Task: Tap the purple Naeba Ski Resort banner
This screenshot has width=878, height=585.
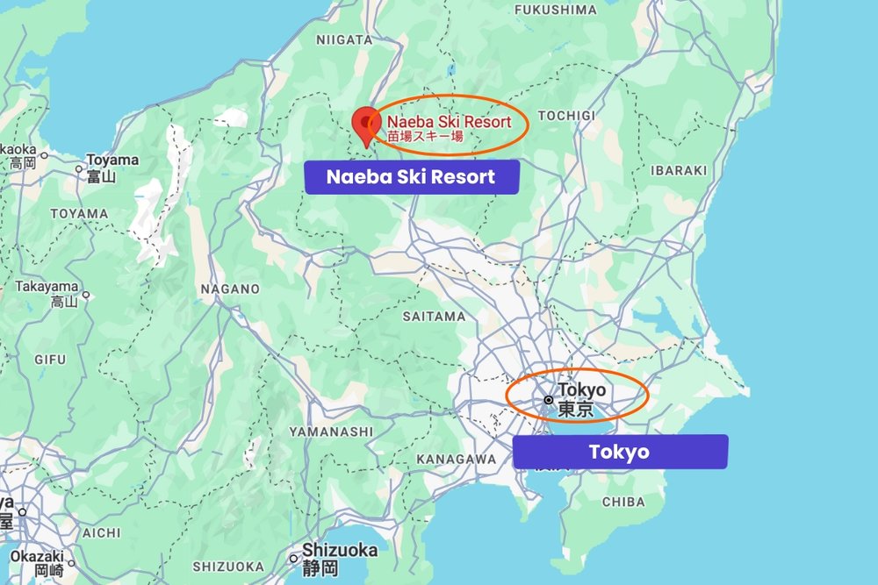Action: coord(411,177)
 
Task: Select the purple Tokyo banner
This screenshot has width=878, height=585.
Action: coord(620,452)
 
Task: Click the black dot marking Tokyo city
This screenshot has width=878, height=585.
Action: coord(548,399)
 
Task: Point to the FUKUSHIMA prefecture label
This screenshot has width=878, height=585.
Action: coord(555,10)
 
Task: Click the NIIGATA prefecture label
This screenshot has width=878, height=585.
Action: coord(344,39)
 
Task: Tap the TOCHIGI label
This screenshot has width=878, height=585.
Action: coord(565,116)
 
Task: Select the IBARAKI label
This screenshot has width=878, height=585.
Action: coord(678,170)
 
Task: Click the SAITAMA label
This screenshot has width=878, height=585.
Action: coord(434,316)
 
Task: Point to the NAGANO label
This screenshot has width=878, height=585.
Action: coord(230,289)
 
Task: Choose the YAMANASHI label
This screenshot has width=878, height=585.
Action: coord(331,432)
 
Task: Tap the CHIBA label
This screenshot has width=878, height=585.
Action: coord(624,503)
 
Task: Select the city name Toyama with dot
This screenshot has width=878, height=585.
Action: coord(112,161)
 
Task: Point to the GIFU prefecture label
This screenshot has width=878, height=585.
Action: coord(50,360)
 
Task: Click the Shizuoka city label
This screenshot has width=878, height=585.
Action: coord(339,551)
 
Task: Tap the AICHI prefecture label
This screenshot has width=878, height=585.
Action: coord(102,532)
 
